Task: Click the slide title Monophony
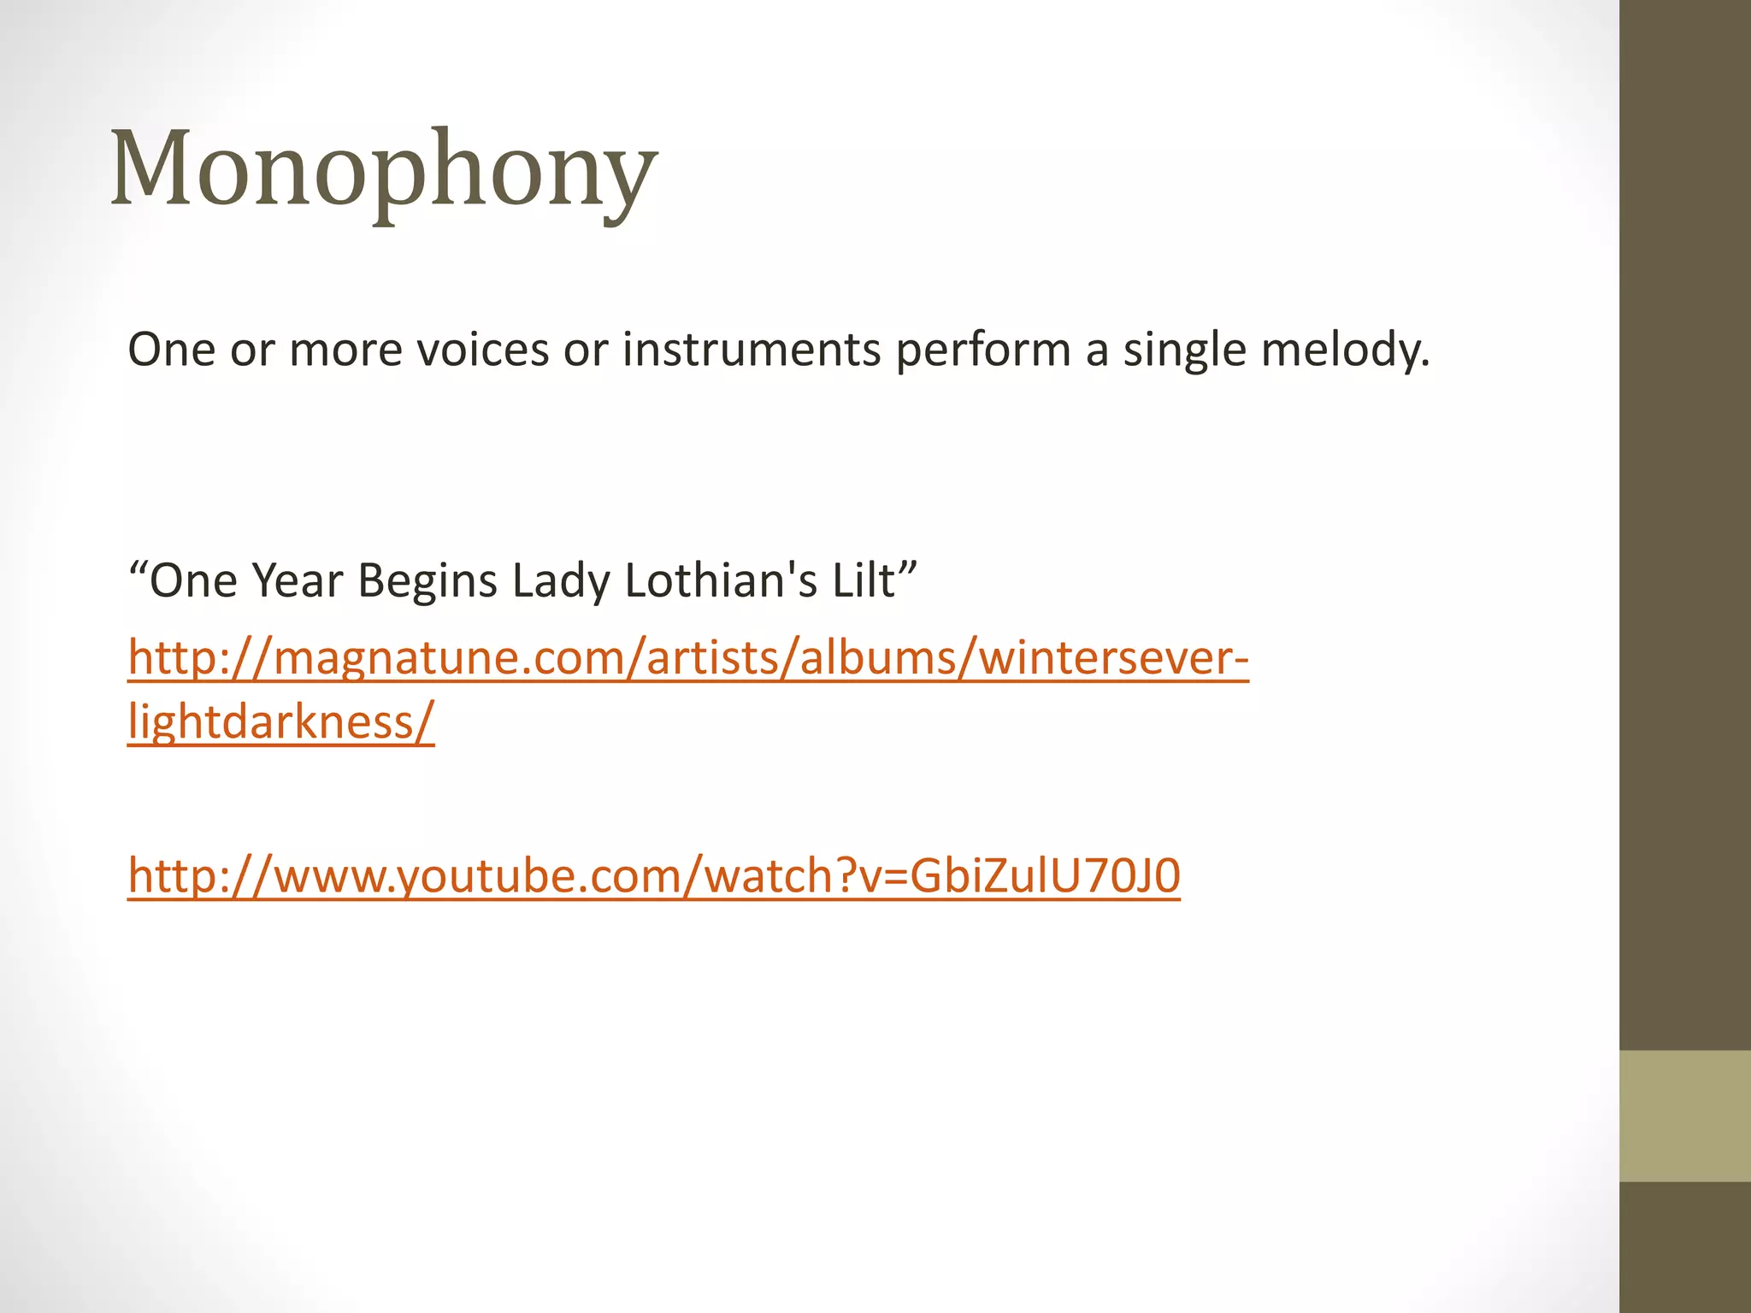click(x=384, y=168)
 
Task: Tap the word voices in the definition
click(x=483, y=350)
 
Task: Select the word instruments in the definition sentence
click(x=752, y=350)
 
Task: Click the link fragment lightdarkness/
click(x=281, y=722)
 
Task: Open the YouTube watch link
click(x=654, y=876)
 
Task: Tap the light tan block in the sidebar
click(x=1685, y=1116)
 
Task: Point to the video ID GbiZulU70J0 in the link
click(x=1045, y=876)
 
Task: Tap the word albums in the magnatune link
click(x=873, y=659)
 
